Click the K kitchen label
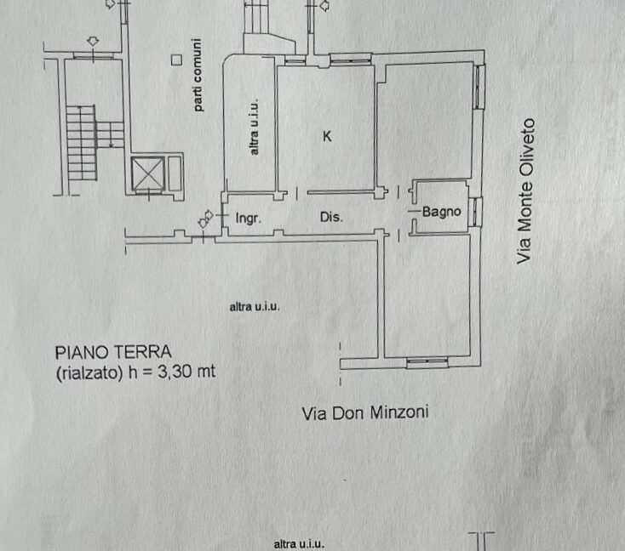(327, 136)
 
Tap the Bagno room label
(442, 212)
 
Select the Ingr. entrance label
(249, 219)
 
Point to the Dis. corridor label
(331, 217)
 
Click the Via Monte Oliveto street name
(525, 191)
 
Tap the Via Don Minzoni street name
(365, 413)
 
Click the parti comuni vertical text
(198, 75)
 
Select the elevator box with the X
(147, 174)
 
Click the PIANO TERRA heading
(113, 352)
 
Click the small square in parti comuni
(176, 60)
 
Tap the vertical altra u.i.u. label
(254, 127)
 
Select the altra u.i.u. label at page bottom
(299, 544)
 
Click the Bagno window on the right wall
(475, 212)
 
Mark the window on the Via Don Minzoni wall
(427, 361)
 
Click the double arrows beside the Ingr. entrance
(206, 219)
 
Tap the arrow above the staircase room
(93, 41)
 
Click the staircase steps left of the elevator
(82, 143)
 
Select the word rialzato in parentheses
(89, 372)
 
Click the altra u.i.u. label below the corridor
(255, 307)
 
